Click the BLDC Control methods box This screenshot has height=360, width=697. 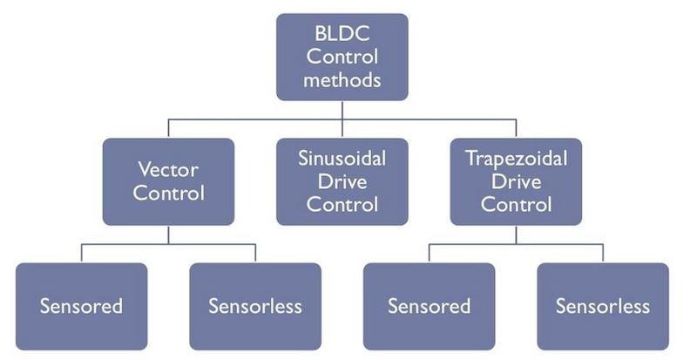tap(342, 57)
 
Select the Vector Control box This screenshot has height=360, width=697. tap(167, 181)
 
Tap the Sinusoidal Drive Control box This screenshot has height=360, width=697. tap(342, 181)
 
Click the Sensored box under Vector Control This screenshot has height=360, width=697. tap(81, 306)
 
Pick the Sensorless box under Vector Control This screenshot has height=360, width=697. tap(254, 306)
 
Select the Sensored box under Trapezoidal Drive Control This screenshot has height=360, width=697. tap(429, 306)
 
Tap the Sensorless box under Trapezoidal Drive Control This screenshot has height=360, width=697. tap(602, 306)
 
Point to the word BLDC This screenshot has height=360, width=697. tap(342, 37)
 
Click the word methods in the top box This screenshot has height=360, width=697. tap(342, 82)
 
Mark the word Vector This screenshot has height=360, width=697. tap(167, 169)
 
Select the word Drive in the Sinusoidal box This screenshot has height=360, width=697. tap(342, 181)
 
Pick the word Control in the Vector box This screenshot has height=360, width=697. tap(167, 193)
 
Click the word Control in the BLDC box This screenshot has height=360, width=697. tap(342, 59)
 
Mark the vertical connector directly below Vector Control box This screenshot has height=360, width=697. tap(167, 234)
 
